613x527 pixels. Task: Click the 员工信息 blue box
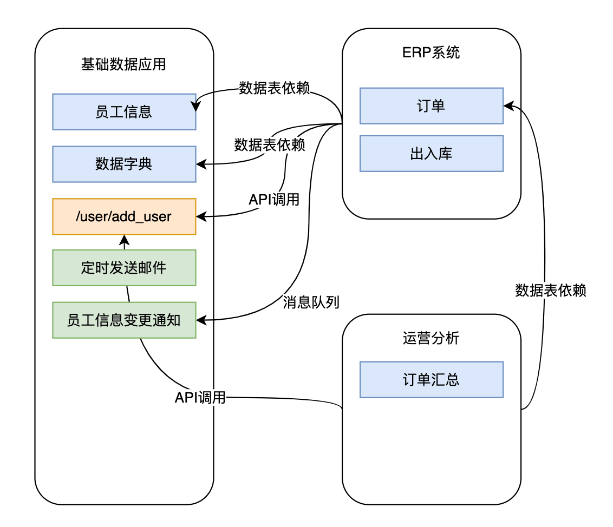tap(124, 111)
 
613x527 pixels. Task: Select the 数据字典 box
tap(124, 164)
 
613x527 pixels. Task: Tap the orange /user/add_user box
tap(124, 216)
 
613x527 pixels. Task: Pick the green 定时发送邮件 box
tap(124, 268)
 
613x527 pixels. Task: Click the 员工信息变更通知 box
tap(124, 320)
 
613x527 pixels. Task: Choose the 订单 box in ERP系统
tap(431, 106)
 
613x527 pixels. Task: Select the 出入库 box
tap(431, 153)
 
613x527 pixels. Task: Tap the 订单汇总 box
tap(431, 379)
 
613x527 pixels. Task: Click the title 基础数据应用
tap(123, 65)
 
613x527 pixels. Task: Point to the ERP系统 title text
tap(431, 53)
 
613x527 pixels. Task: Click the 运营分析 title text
tap(431, 338)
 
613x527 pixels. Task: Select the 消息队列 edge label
tap(311, 302)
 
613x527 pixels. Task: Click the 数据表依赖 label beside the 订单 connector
tap(551, 291)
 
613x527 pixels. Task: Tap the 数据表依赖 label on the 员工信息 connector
tap(275, 88)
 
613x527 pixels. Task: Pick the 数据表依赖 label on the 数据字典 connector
tap(269, 145)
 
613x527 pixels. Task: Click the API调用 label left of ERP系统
tap(274, 199)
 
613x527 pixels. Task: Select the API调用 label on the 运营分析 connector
tap(200, 398)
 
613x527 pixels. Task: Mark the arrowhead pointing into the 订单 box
tap(507, 106)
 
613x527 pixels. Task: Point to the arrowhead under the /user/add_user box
tap(124, 239)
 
